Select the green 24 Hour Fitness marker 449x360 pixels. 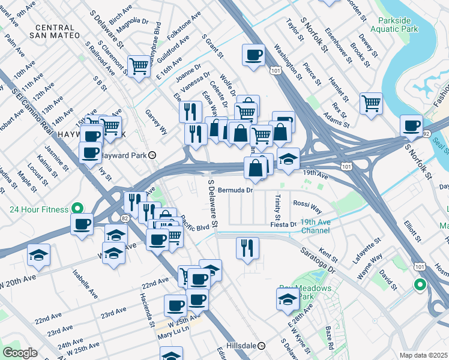click(77, 209)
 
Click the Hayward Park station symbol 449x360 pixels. click(153, 155)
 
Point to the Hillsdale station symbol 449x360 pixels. click(262, 346)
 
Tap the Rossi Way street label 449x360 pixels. click(307, 203)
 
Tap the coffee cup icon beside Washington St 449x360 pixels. click(253, 56)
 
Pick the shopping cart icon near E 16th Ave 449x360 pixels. click(138, 65)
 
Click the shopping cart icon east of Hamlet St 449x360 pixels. click(371, 103)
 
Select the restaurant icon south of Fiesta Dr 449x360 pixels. click(247, 247)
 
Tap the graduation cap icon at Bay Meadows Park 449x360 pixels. click(288, 299)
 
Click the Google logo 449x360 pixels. click(20, 352)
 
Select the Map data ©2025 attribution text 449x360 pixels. click(423, 355)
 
